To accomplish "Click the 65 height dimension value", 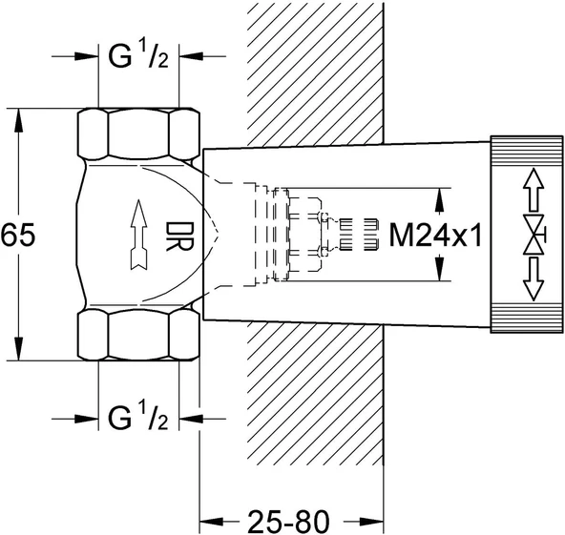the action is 18,236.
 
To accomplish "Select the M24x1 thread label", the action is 435,236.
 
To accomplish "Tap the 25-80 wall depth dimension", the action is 288,521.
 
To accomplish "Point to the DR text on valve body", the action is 179,237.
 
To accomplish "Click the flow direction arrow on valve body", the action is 138,235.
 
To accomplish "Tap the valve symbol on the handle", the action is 534,235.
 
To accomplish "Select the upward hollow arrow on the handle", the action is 534,190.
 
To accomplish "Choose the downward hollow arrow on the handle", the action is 534,279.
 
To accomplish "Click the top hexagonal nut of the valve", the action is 138,134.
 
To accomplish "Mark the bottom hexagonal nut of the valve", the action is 138,335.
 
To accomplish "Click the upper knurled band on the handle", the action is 527,151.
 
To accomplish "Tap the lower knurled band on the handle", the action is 527,318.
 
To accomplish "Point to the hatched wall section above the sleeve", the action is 315,74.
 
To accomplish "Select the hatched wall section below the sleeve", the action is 315,393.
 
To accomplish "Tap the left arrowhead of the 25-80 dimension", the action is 212,521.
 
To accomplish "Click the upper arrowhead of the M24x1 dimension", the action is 438,200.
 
